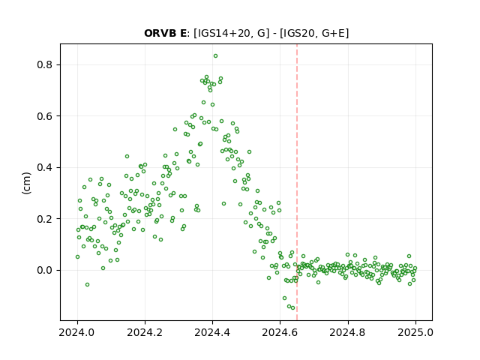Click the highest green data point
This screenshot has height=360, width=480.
point(215,56)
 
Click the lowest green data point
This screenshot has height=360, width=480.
point(293,308)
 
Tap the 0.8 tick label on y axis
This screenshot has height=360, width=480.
point(44,65)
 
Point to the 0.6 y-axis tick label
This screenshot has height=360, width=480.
point(44,116)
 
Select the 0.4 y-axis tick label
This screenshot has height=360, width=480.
point(44,168)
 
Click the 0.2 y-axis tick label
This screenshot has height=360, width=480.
point(44,219)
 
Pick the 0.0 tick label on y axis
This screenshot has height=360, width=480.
point(44,271)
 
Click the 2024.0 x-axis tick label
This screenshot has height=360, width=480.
point(77,332)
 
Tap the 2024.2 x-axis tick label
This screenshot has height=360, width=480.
point(145,332)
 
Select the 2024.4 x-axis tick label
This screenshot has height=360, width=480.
point(212,332)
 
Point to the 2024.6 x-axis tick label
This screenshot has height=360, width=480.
point(280,332)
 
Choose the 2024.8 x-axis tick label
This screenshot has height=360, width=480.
point(348,332)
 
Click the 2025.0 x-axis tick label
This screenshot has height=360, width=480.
point(415,332)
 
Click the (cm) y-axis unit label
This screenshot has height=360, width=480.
point(27,183)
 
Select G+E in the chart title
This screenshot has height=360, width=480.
point(329,33)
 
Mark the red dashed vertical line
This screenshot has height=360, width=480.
point(297,182)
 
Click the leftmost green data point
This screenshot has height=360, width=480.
point(77,256)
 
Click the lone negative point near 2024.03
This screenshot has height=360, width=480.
point(87,285)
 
